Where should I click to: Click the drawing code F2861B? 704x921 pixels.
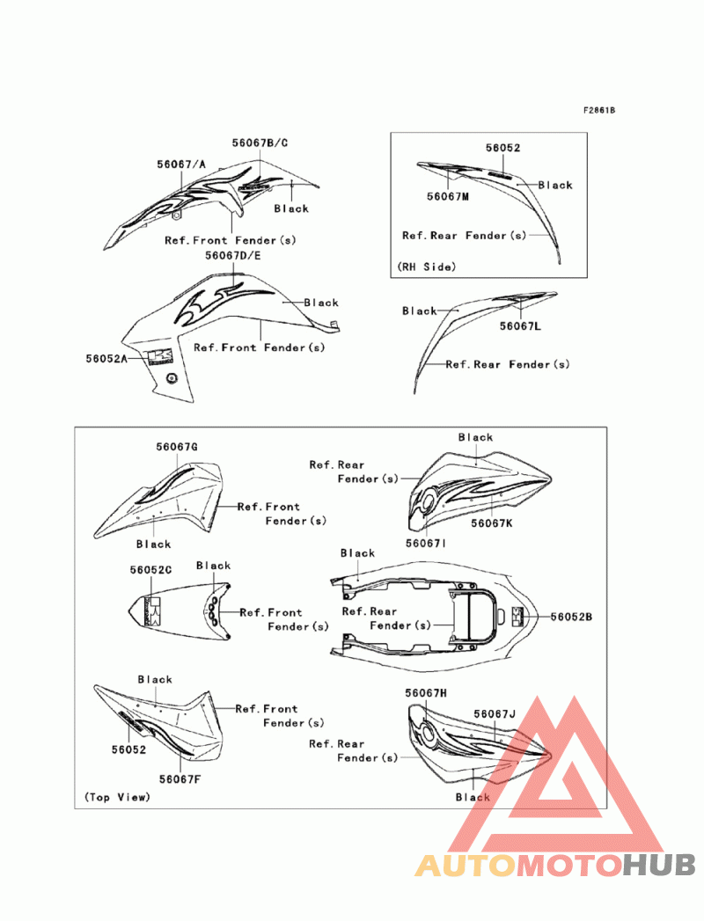[x=598, y=111]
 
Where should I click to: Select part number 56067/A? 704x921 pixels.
[x=181, y=164]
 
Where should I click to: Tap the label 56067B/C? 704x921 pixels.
[x=260, y=143]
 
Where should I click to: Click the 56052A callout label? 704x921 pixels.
[x=106, y=358]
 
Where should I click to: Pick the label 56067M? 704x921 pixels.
[x=448, y=197]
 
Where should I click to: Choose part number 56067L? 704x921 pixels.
[x=520, y=326]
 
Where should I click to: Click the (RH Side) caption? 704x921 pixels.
[x=427, y=266]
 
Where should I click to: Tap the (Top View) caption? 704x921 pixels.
[x=117, y=797]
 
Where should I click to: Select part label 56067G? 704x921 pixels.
[x=176, y=447]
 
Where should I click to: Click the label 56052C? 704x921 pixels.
[x=150, y=570]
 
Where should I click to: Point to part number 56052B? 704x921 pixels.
[x=571, y=618]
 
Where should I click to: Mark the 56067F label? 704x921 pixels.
[x=180, y=778]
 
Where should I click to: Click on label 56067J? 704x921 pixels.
[x=494, y=714]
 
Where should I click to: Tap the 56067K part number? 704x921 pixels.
[x=491, y=523]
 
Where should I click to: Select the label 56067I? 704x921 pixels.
[x=426, y=544]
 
